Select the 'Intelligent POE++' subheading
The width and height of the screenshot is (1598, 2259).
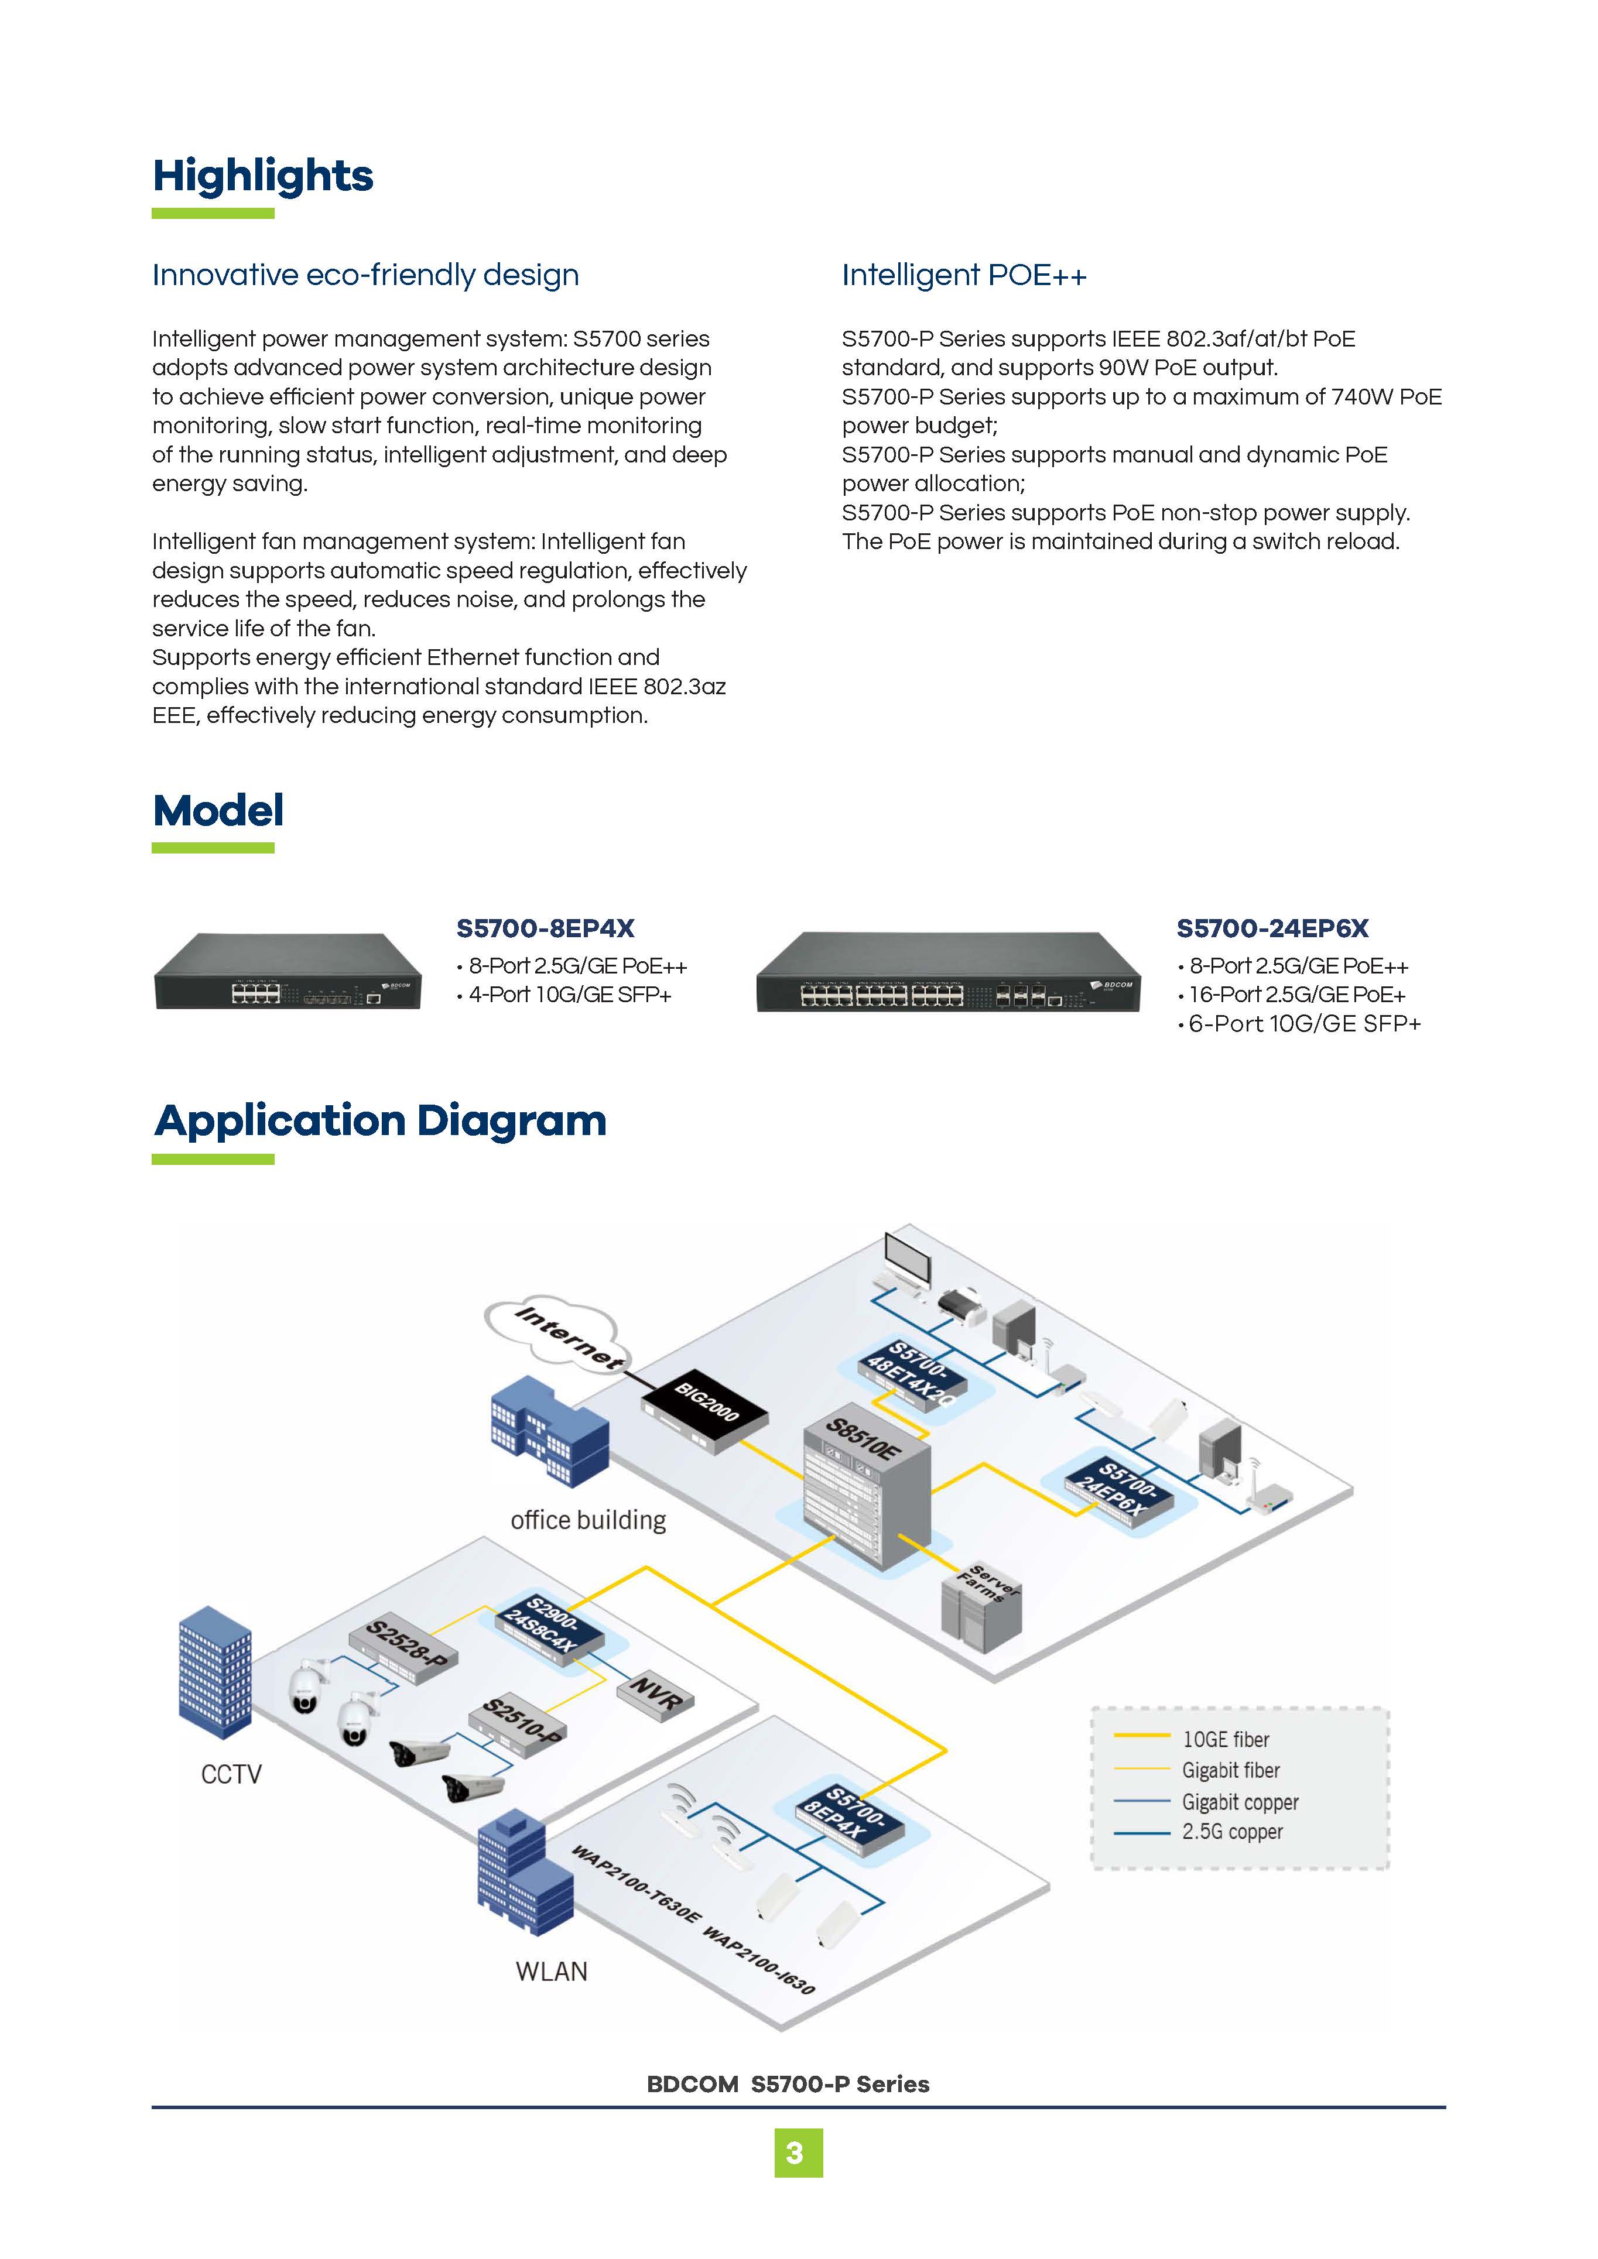(964, 276)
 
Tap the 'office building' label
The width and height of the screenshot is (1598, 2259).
(587, 1521)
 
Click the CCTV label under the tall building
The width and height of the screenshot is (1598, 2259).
(231, 1774)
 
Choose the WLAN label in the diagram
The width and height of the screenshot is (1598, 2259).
(551, 1972)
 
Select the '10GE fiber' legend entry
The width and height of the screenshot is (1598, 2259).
(1225, 1740)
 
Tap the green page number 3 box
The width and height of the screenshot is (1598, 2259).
(798, 2154)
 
